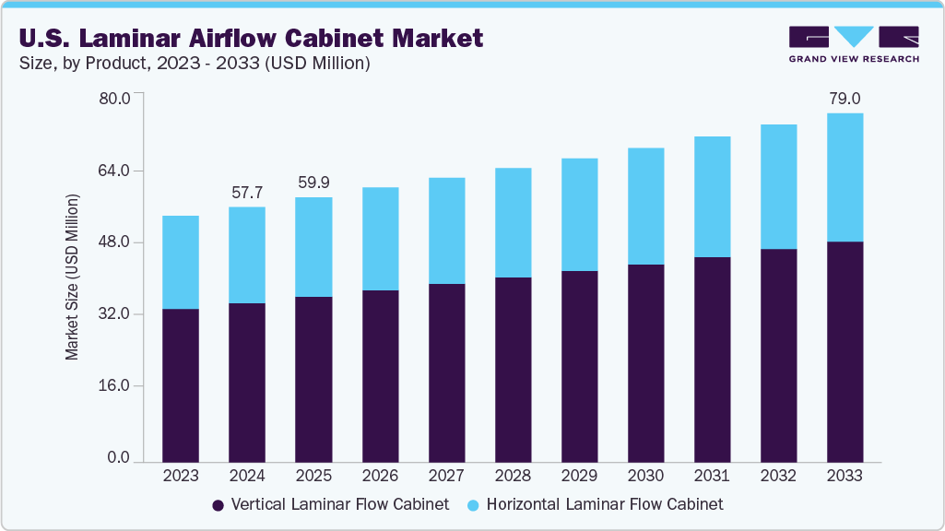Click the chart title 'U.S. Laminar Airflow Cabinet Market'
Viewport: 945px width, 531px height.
[x=248, y=38]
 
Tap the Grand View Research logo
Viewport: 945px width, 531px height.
[x=853, y=44]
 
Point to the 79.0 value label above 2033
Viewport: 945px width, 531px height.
[x=845, y=99]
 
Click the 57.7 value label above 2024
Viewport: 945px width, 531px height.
[x=247, y=193]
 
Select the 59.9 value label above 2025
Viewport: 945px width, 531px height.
[x=313, y=183]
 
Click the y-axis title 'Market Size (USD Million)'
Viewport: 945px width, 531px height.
[x=72, y=277]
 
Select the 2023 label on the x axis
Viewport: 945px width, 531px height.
[x=181, y=476]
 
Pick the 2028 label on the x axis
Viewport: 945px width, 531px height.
[x=513, y=476]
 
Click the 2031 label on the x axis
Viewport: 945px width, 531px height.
[x=712, y=476]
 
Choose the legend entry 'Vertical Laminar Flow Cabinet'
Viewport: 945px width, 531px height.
[x=330, y=504]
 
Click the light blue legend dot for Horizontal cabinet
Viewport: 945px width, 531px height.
[x=472, y=505]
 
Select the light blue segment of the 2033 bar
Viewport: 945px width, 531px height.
[x=845, y=177]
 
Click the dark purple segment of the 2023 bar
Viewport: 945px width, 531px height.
[x=181, y=384]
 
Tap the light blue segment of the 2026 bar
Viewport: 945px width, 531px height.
[x=380, y=239]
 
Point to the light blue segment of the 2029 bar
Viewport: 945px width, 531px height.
[x=579, y=215]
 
